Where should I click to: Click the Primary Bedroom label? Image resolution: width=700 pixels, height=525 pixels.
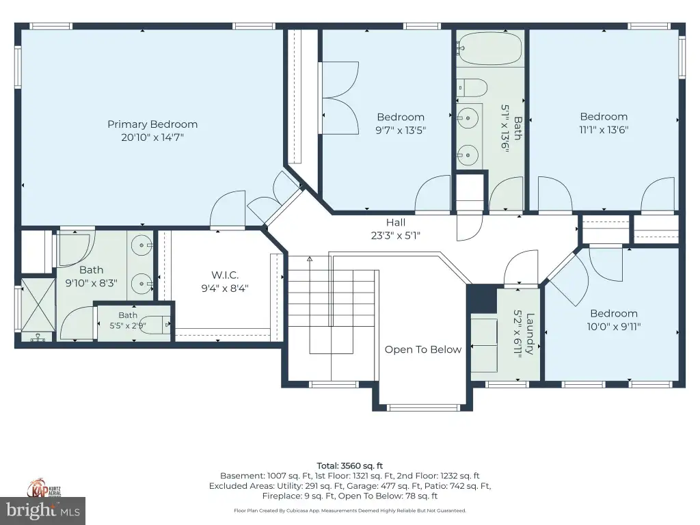click(x=152, y=124)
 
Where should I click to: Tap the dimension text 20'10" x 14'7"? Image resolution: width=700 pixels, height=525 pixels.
click(x=152, y=137)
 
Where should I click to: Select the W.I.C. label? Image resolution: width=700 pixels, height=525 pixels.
click(x=224, y=275)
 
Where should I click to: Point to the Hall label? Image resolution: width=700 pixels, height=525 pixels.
click(x=396, y=222)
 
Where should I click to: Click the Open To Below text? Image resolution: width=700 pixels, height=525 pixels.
click(x=422, y=349)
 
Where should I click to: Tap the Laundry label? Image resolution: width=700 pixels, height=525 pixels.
click(x=530, y=334)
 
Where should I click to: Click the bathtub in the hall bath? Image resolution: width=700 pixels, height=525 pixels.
click(x=489, y=49)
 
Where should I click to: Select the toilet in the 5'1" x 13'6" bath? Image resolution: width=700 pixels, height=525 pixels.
click(x=472, y=87)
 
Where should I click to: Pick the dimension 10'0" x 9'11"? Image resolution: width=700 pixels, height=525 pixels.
click(x=613, y=326)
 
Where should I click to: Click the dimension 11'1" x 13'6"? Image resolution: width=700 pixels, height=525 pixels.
click(x=604, y=129)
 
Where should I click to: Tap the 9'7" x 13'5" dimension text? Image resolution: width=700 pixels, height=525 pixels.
click(x=401, y=130)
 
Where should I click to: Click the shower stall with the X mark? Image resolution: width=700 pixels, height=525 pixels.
click(x=38, y=305)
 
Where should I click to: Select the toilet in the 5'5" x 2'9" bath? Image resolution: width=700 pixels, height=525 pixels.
click(x=154, y=325)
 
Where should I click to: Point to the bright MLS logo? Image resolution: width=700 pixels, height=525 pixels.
click(x=43, y=510)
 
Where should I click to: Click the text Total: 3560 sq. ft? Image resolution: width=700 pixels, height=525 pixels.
click(x=349, y=466)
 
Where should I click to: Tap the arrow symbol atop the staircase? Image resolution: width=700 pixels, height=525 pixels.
click(x=309, y=258)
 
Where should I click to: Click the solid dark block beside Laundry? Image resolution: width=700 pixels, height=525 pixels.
click(x=481, y=299)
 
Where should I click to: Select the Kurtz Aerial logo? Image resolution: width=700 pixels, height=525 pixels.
click(x=44, y=488)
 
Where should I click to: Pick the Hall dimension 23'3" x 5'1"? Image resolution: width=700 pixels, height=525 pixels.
click(x=396, y=235)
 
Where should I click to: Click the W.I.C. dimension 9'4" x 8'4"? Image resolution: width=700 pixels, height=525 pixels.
click(x=224, y=288)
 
